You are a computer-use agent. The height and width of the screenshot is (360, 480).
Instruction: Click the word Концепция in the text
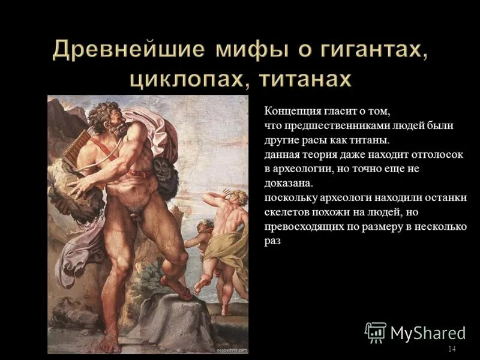click(292, 112)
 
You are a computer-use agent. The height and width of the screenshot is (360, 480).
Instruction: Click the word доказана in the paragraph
click(288, 184)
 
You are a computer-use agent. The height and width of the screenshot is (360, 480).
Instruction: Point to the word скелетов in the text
click(287, 212)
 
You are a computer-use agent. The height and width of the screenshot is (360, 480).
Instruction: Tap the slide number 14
click(452, 349)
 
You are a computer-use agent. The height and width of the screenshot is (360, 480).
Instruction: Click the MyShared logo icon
click(376, 332)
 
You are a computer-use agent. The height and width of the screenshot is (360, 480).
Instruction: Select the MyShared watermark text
click(428, 332)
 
